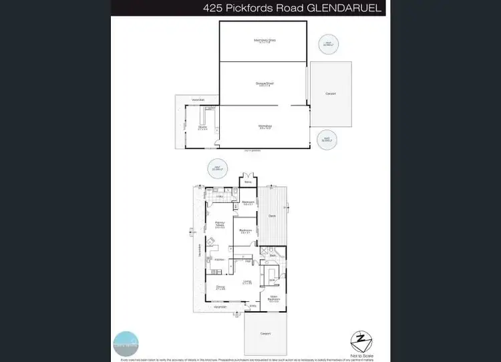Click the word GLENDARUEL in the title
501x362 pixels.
point(349,9)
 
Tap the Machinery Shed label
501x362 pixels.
point(265,41)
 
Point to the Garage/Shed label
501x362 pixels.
point(265,83)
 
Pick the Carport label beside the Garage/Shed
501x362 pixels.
point(330,94)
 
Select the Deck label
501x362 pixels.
point(272,216)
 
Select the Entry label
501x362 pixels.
point(253,306)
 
